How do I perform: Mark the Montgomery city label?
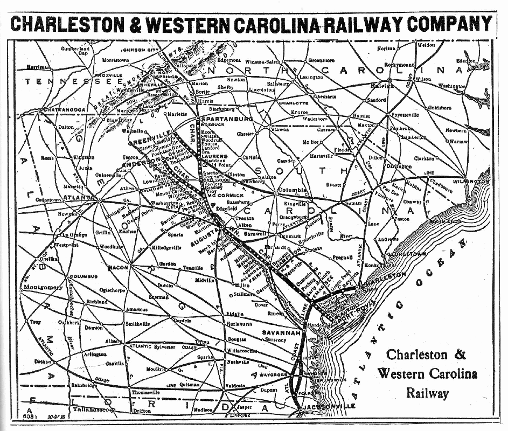(43, 288)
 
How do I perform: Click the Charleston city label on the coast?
(384, 277)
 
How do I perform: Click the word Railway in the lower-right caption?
(428, 393)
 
